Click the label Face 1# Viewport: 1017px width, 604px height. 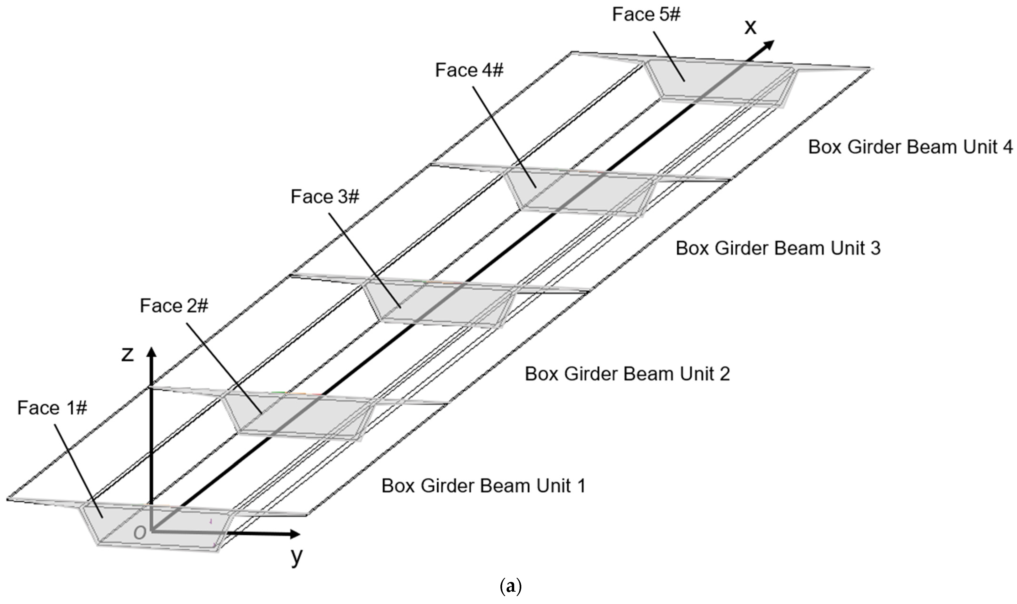click(x=52, y=408)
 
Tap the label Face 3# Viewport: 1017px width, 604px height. click(x=325, y=197)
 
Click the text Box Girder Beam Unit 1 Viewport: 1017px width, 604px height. click(x=483, y=486)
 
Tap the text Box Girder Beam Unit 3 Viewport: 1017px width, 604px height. click(x=778, y=248)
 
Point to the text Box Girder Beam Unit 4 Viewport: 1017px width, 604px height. click(x=910, y=147)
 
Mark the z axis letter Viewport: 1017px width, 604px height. click(x=127, y=354)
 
